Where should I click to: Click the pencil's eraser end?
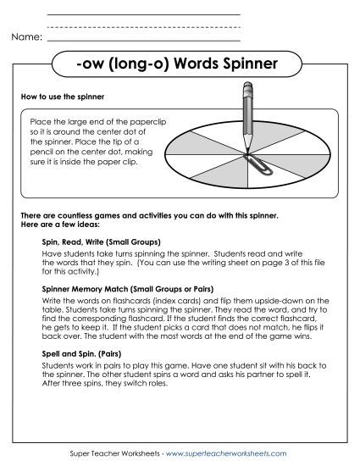pos(250,86)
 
